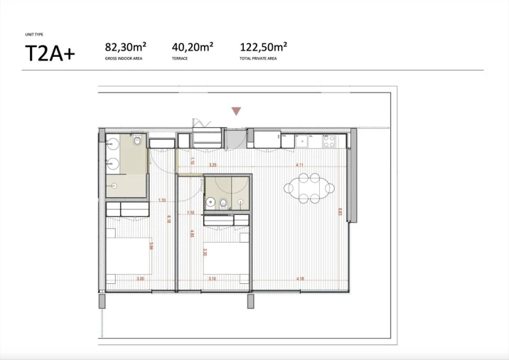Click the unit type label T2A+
(49, 53)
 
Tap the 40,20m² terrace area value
(193, 48)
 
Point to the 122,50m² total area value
(263, 48)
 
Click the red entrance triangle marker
(236, 111)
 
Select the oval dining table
(309, 189)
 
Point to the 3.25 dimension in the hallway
(212, 165)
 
